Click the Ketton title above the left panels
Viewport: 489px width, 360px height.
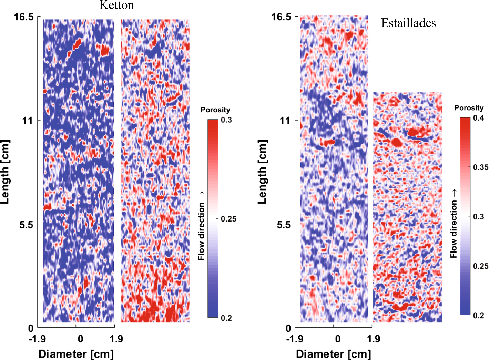(x=116, y=5)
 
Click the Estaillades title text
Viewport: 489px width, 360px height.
(x=408, y=23)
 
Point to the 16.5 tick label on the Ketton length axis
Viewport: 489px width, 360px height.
(x=24, y=17)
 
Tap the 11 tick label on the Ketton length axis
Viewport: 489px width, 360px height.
(x=27, y=121)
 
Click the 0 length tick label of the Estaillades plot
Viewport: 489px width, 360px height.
(x=288, y=328)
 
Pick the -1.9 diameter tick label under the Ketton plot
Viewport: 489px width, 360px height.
(x=37, y=339)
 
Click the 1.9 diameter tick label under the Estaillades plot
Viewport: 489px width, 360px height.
(x=374, y=339)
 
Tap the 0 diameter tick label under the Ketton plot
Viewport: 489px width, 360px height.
(x=80, y=339)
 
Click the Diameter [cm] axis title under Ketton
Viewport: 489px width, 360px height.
(x=76, y=354)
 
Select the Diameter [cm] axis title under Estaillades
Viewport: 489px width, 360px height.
(x=334, y=354)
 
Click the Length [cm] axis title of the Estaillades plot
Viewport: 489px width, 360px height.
(x=263, y=172)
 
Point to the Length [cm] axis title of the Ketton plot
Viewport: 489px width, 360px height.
(x=5, y=172)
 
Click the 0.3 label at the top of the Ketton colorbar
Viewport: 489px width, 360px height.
(x=226, y=120)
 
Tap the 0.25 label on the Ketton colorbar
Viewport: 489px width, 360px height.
(x=228, y=219)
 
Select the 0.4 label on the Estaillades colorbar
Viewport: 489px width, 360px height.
(x=478, y=118)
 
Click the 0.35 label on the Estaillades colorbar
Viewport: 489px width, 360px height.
(x=480, y=167)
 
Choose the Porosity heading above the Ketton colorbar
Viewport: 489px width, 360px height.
(x=215, y=110)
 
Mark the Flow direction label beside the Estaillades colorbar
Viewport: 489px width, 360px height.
(x=454, y=224)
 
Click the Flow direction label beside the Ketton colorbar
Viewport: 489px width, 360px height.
(x=201, y=226)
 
